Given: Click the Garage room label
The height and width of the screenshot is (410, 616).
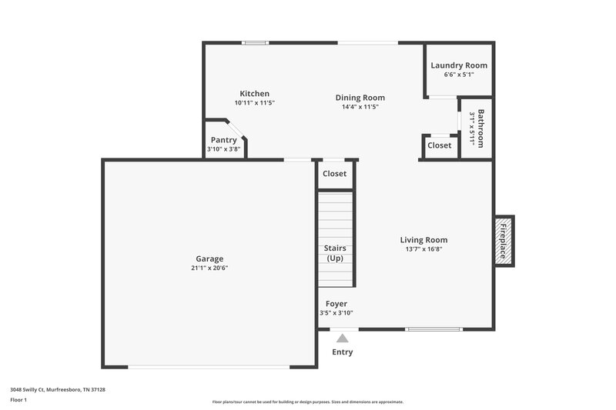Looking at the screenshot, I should pos(209,259).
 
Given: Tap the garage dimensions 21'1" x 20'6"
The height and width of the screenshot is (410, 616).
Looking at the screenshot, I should pos(209,268).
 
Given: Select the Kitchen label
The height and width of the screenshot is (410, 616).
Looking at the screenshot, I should pos(254,94).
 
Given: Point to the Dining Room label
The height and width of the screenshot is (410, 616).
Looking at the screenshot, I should pos(360,98).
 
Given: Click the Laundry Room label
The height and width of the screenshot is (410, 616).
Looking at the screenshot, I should pos(459,65).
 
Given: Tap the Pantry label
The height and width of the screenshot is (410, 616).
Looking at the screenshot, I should pos(223,140).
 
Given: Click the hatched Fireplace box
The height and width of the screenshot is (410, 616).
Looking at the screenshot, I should pos(504,240).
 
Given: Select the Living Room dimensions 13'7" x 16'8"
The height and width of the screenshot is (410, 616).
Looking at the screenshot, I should pos(423,249).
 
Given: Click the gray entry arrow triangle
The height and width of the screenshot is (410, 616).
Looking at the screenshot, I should pos(343,338).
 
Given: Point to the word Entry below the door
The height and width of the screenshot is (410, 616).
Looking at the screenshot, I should pos(343,352).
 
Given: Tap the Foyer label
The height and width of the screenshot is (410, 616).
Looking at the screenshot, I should pos(336,304).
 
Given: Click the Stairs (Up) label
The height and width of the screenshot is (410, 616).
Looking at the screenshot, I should pos(335,253).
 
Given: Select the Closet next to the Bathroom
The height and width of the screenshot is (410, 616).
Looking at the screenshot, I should pos(439,145).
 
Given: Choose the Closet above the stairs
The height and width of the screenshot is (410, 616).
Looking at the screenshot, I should pos(334,174).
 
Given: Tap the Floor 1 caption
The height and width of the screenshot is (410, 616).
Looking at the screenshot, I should pos(18,401).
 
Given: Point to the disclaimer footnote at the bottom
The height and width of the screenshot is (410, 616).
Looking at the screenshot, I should pos(307,402).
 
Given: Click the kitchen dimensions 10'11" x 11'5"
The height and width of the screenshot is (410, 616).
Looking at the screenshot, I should pos(254,103).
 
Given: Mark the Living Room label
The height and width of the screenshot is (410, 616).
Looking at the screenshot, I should pos(423,240).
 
